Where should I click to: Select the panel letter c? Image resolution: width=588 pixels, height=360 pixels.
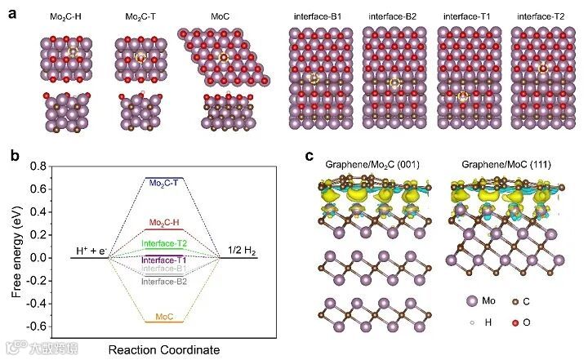[x=309, y=156]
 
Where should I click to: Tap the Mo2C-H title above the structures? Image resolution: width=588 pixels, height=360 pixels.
[x=60, y=17]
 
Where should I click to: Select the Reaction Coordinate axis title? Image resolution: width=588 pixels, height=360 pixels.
[x=164, y=350]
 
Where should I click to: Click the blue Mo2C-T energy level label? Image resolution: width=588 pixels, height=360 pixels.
[x=165, y=184]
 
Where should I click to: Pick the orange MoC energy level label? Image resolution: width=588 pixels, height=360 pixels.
[x=164, y=316]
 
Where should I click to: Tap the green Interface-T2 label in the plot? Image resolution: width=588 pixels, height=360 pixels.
[x=165, y=243]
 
